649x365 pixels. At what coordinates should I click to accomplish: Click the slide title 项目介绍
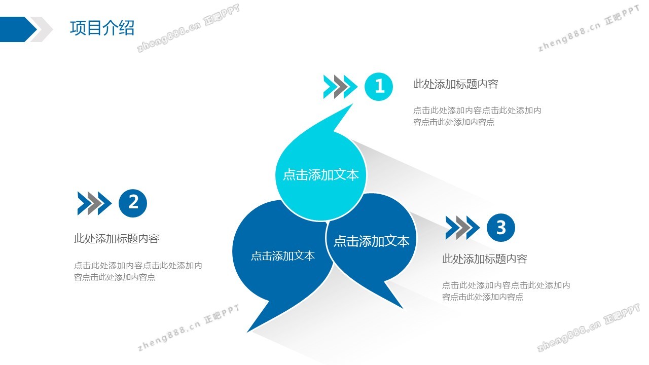point(102,28)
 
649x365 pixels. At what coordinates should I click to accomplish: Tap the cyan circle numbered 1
point(378,87)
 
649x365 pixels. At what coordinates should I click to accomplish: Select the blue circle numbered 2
point(133,203)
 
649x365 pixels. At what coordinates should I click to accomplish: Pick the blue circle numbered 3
point(500,228)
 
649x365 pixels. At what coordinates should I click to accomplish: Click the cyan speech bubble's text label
point(321,175)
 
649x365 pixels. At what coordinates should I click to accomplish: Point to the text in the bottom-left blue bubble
point(283,256)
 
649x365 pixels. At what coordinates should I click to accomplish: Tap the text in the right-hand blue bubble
point(372,241)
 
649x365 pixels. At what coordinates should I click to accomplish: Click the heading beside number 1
point(456,84)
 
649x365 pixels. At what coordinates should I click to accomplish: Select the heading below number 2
point(117,238)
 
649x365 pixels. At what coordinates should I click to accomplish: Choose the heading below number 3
point(484,259)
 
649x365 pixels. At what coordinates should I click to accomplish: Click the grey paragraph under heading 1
point(477,116)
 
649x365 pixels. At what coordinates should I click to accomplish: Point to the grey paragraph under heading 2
point(138,271)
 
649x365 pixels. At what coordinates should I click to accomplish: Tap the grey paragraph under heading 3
point(506,291)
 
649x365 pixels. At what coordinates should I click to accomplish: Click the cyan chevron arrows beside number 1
point(340,87)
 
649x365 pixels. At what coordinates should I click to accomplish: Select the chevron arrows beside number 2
point(94,203)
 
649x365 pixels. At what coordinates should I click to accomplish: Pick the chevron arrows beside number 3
point(462,228)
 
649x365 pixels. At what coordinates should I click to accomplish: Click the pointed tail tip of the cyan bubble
point(352,104)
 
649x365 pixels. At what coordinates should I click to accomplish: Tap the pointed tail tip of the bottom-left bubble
point(247,332)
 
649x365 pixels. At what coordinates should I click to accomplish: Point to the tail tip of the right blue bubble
point(403,308)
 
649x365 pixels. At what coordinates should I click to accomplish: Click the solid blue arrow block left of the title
point(18,29)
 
